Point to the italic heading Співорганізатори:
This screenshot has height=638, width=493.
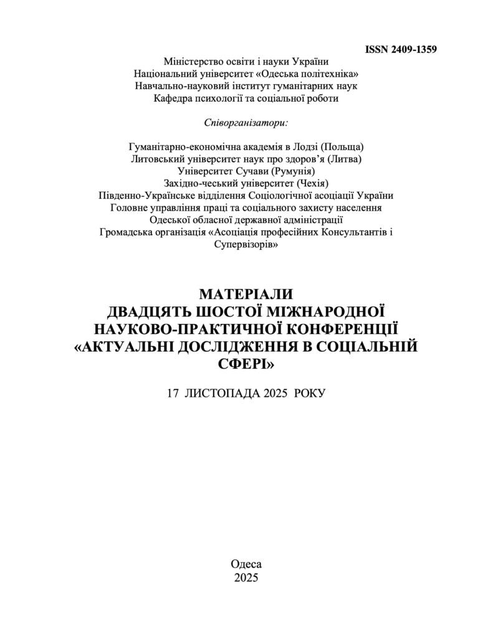246,121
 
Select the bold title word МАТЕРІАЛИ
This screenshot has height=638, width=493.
246,294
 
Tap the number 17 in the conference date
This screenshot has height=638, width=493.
173,394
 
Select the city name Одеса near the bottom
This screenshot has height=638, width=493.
246,563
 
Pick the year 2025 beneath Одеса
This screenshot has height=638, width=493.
246,577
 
